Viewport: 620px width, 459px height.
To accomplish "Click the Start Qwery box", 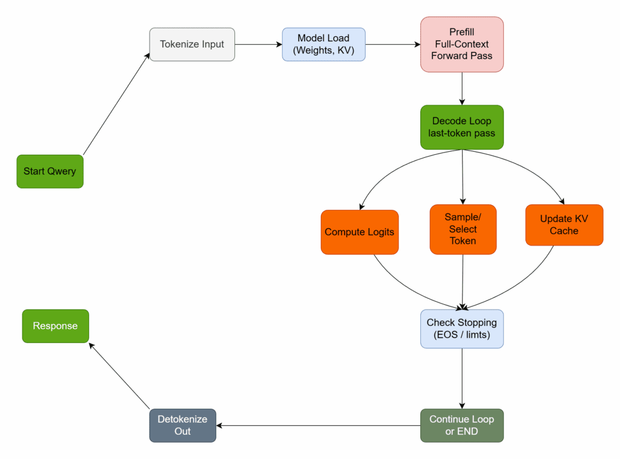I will click(x=50, y=171).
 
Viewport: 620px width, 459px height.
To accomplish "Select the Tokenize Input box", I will click(x=192, y=44).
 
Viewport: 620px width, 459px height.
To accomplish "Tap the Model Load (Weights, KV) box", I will click(x=323, y=44).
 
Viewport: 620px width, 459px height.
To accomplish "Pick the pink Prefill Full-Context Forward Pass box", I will click(x=462, y=44).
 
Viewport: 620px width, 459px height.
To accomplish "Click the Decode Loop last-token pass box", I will click(x=462, y=127).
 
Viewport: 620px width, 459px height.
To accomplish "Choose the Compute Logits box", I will click(x=360, y=232).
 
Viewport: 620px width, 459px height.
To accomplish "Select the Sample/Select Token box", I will click(x=463, y=229).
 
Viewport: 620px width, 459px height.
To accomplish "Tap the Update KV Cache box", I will click(x=564, y=225).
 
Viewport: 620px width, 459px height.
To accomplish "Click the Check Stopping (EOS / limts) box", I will click(x=462, y=329).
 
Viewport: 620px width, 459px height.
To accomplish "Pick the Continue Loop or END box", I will click(x=462, y=425).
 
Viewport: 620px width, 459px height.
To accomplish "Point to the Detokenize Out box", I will click(x=182, y=425).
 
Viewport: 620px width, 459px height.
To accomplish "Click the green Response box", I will click(x=55, y=326).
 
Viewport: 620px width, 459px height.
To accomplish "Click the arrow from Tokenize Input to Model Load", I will click(x=258, y=44).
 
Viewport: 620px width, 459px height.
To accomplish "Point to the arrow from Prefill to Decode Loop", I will click(x=462, y=88).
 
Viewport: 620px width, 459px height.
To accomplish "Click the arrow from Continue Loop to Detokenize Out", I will click(x=318, y=426).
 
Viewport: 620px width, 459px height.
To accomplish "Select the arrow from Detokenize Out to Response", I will click(x=119, y=376).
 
